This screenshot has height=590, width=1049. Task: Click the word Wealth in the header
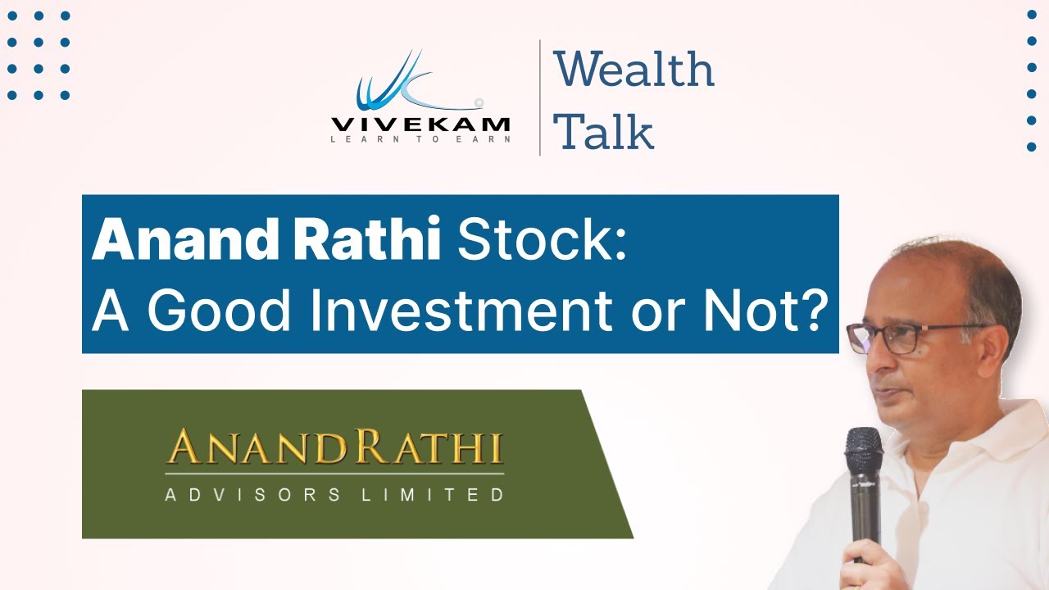tap(633, 70)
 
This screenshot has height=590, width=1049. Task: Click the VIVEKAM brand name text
tap(420, 125)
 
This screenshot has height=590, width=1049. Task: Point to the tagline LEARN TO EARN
tap(420, 139)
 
